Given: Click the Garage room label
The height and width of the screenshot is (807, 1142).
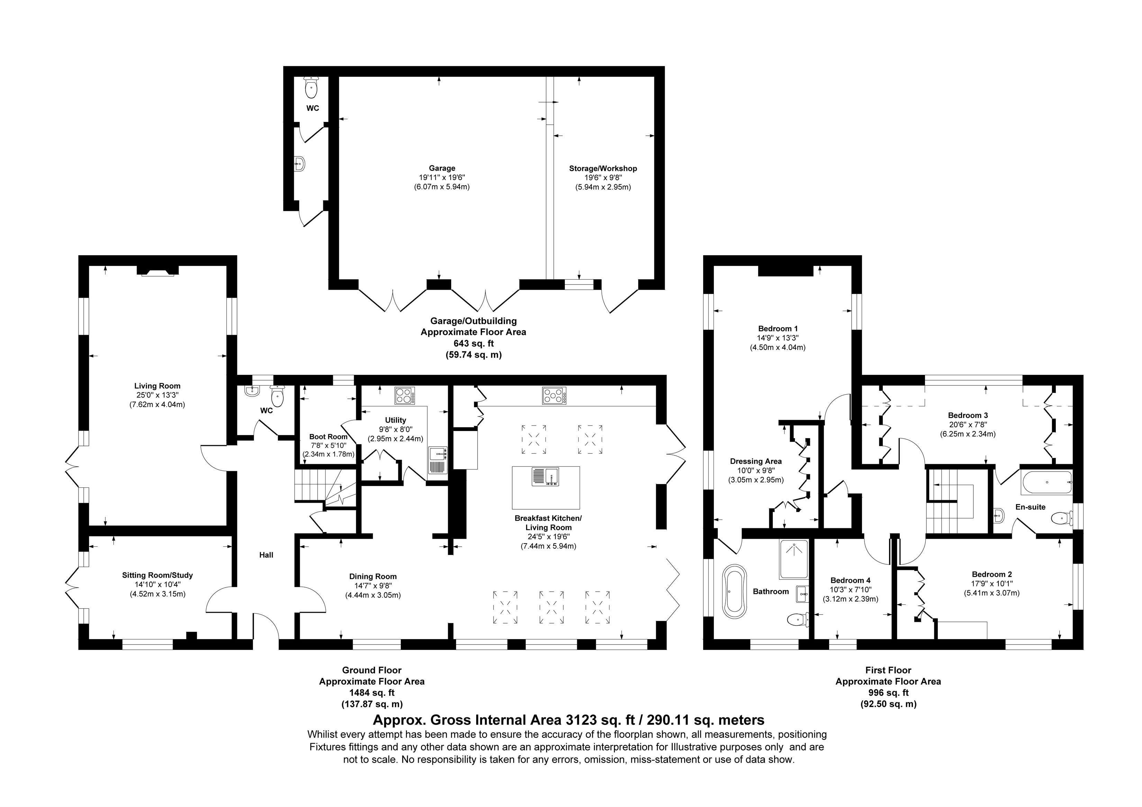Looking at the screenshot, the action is point(442,168).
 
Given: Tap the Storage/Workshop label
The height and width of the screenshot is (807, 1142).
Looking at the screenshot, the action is point(603,169).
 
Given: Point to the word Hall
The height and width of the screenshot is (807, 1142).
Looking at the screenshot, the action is point(266,555).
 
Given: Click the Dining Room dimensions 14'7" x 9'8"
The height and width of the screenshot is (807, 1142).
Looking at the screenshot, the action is point(373,585).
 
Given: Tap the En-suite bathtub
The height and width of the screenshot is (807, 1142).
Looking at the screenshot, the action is point(1046,482).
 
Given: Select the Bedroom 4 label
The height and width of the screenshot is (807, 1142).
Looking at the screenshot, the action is point(851,580).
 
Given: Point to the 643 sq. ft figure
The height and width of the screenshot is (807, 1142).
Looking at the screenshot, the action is point(473,343).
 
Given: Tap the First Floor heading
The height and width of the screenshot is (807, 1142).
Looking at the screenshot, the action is point(888,670).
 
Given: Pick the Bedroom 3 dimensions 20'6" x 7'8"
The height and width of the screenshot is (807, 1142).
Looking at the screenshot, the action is point(968,424).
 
